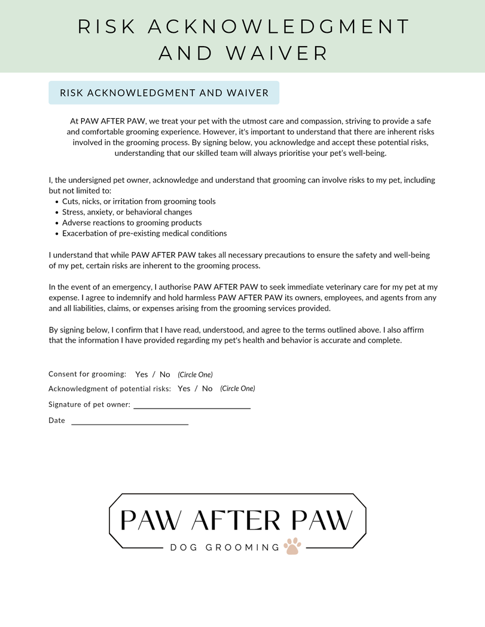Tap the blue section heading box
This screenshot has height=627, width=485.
(164, 93)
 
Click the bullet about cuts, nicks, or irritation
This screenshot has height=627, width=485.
(139, 201)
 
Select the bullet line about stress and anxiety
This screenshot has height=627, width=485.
(127, 212)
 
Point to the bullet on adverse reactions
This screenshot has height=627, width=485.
(132, 223)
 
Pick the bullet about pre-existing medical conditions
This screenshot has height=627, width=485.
(144, 233)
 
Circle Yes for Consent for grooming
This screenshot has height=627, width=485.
(142, 374)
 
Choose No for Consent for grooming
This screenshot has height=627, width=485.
(164, 374)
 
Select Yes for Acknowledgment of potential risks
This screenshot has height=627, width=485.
(184, 389)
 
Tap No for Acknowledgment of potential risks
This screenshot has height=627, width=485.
(207, 389)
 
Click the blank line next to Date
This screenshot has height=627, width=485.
(130, 423)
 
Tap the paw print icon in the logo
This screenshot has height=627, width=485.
(292, 546)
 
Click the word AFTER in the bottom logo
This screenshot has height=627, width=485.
(236, 521)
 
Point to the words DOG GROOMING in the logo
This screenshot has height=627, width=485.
(225, 548)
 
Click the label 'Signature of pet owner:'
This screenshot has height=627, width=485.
(89, 405)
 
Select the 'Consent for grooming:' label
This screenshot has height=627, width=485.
(87, 374)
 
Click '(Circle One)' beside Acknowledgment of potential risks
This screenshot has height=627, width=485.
(237, 389)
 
